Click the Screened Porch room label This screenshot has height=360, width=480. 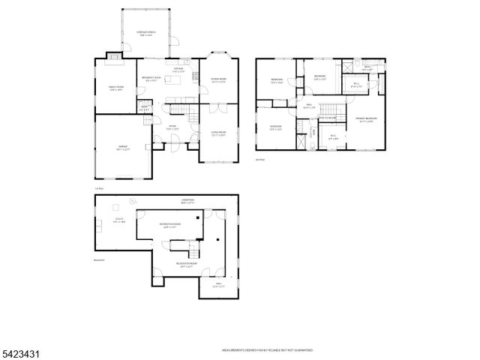click(144, 34)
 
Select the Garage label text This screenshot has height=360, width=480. click(122, 148)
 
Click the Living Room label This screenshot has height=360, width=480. click(218, 135)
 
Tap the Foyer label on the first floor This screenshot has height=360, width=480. click(172, 127)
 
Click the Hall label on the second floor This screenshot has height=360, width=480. click(307, 106)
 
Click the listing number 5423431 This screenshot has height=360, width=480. click(22, 351)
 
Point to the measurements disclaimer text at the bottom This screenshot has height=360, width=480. click(266, 350)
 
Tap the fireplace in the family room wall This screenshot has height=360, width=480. click(112, 55)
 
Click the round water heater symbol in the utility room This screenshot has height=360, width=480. click(132, 201)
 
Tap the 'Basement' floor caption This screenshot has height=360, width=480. click(99, 259)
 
